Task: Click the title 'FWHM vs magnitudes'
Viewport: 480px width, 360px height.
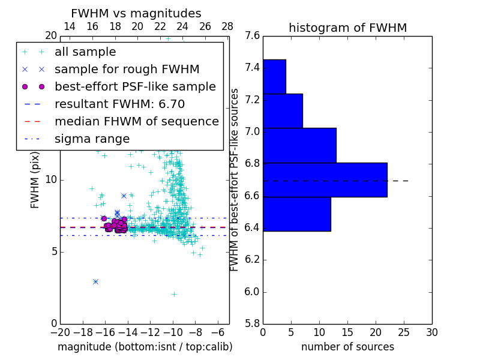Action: [136, 13]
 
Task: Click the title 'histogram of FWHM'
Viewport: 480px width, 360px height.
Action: [347, 28]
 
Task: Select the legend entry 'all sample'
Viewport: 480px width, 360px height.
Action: [85, 52]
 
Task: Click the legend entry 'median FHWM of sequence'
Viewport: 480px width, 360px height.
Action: [136, 122]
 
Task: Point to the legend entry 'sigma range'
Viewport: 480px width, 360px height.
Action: [92, 139]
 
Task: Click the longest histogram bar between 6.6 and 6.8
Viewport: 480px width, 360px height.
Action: [325, 179]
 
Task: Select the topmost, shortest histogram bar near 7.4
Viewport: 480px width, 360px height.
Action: [274, 76]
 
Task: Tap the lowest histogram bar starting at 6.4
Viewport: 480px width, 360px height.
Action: [296, 214]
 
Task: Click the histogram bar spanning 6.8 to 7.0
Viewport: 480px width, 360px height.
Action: [299, 145]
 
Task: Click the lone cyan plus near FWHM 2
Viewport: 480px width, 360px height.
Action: [174, 294]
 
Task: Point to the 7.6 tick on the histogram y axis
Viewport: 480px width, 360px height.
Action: [253, 36]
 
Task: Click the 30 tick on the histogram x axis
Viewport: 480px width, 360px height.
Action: [432, 332]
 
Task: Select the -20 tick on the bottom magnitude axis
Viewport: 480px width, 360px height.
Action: [60, 332]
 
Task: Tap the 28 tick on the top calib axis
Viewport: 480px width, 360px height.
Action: [227, 26]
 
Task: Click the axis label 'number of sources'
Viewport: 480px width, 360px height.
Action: [347, 347]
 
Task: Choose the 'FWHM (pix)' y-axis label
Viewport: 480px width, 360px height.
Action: [35, 180]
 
